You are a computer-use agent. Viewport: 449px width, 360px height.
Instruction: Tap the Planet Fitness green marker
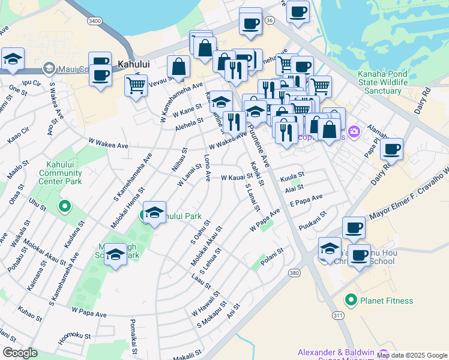[x=351, y=300]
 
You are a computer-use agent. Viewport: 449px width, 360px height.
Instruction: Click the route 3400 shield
[x=94, y=21]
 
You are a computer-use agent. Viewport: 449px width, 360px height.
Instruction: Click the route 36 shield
[x=270, y=20]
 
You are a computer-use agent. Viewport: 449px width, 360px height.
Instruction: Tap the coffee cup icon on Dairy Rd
[x=391, y=149]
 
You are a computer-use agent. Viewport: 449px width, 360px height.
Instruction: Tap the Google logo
[x=20, y=353]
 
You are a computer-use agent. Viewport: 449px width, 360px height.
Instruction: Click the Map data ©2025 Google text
[x=412, y=356]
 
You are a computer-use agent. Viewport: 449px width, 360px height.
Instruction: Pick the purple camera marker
[x=354, y=130]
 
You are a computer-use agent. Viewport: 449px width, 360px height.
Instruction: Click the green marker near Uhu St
[x=65, y=207]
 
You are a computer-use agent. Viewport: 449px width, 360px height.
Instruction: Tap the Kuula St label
[x=293, y=177]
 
